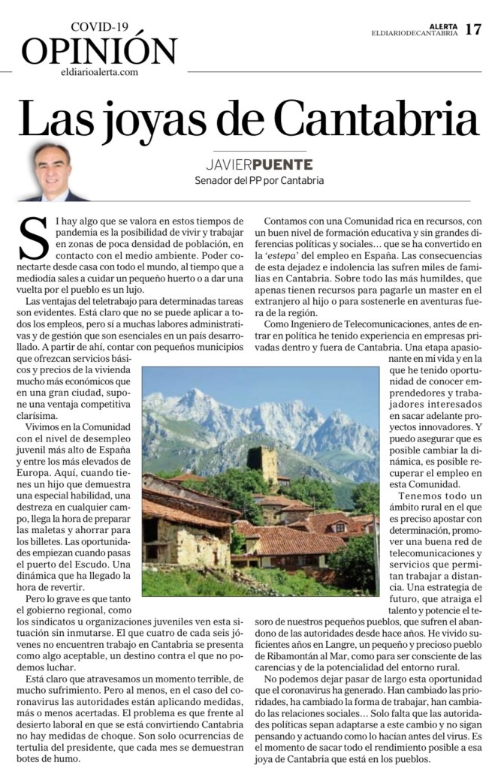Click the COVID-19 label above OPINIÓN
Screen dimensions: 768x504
(99, 27)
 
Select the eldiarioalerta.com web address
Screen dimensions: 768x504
(99, 72)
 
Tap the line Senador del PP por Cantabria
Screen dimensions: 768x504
(259, 180)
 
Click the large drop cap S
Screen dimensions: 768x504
(33, 239)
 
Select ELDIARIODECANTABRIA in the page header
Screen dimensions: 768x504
(414, 33)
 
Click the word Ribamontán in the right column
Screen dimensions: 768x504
(288, 656)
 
